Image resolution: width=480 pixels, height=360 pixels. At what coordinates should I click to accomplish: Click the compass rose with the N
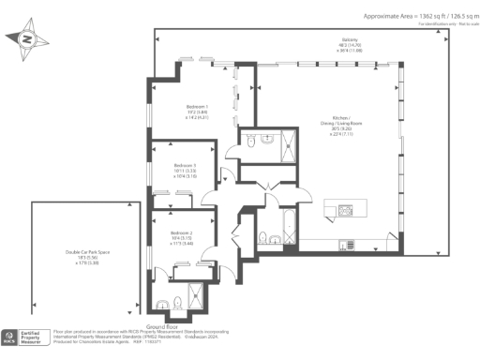coord(25,39)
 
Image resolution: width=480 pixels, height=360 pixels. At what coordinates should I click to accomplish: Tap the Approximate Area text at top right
coord(418,16)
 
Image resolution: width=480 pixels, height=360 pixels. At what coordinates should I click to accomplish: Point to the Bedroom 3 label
coord(185,165)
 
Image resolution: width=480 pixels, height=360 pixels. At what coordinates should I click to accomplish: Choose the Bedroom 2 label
coord(181,232)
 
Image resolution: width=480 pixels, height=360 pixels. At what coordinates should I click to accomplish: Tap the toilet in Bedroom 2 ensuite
coord(165,303)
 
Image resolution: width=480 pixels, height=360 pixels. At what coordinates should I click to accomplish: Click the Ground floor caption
coord(150,326)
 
